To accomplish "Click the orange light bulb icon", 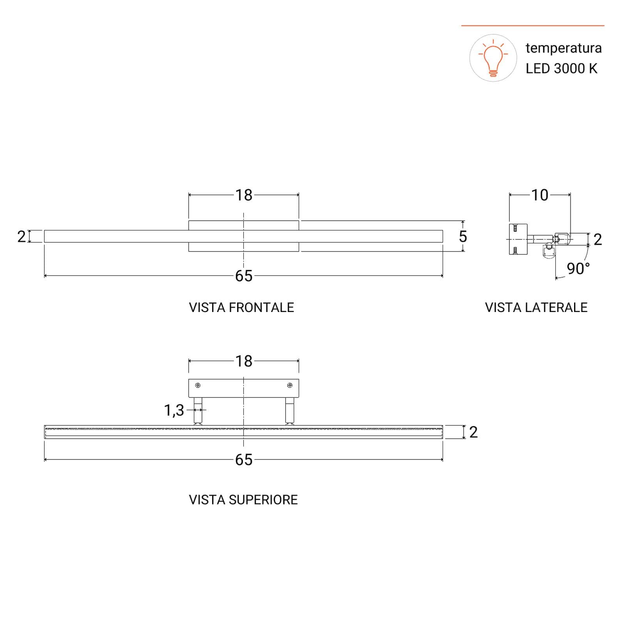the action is (x=493, y=58).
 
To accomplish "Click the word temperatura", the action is (x=564, y=48).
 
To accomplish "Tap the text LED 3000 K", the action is (x=561, y=69).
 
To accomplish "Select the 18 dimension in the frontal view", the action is (x=244, y=195).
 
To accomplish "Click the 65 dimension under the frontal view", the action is (x=244, y=276).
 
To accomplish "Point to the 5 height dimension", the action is (x=463, y=236).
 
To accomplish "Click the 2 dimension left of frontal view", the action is (x=21, y=236).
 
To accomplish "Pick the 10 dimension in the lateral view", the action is (x=540, y=195).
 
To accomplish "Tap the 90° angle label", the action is (x=578, y=268).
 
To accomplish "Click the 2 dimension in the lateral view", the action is (x=598, y=239).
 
